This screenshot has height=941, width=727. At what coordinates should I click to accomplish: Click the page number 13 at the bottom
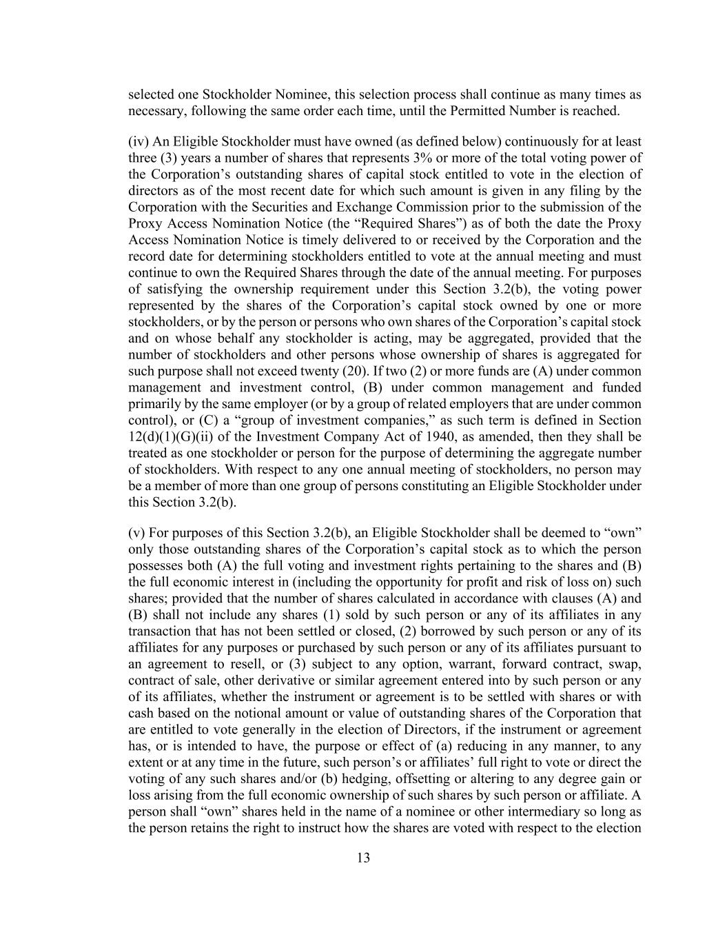tap(363, 858)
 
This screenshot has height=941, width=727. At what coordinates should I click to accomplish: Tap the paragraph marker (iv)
tap(138, 141)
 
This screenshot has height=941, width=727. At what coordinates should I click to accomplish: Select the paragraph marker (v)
tap(136, 533)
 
